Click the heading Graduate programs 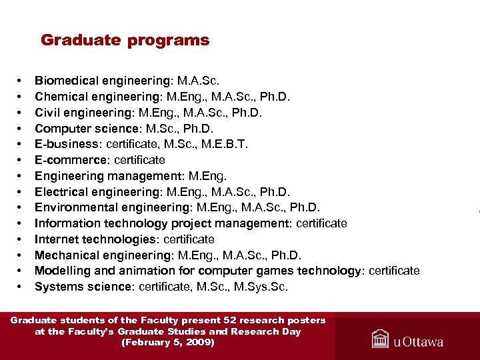click(x=125, y=40)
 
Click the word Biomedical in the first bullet click(x=65, y=81)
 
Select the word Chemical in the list click(x=61, y=97)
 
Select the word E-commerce click(x=69, y=161)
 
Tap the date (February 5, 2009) click(x=167, y=343)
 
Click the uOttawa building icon click(x=381, y=339)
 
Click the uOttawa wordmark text click(x=418, y=342)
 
